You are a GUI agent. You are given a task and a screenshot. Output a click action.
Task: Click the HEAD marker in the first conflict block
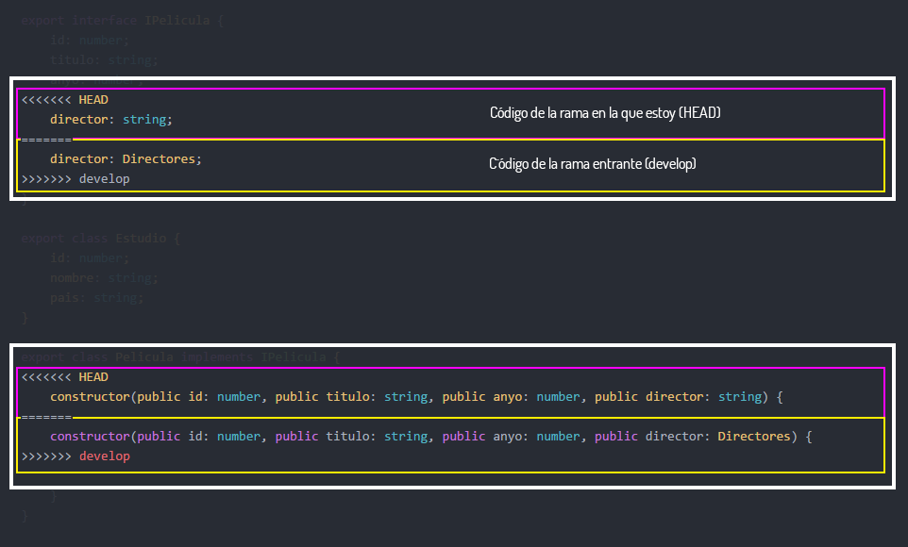[x=93, y=99]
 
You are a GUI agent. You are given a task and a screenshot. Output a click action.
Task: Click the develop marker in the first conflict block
[x=104, y=178]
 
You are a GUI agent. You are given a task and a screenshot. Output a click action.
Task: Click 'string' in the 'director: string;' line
[x=144, y=120]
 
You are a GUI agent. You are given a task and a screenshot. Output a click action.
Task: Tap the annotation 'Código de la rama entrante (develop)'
[x=592, y=164]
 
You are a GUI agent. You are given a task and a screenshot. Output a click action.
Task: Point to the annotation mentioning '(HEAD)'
[x=605, y=113]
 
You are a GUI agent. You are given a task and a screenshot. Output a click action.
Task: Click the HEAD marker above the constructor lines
[x=93, y=377]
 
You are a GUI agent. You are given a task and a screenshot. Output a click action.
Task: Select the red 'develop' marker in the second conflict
[x=104, y=456]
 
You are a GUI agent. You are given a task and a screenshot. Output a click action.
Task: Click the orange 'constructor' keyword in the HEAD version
[x=90, y=397]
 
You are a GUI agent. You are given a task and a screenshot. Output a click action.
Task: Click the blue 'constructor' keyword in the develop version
[x=90, y=437]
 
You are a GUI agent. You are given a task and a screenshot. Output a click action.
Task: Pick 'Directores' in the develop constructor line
[x=754, y=437]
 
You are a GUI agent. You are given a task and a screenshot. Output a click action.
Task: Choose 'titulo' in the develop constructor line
[x=351, y=437]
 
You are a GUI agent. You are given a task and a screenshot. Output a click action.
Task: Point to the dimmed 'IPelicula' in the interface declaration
[x=177, y=20]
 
